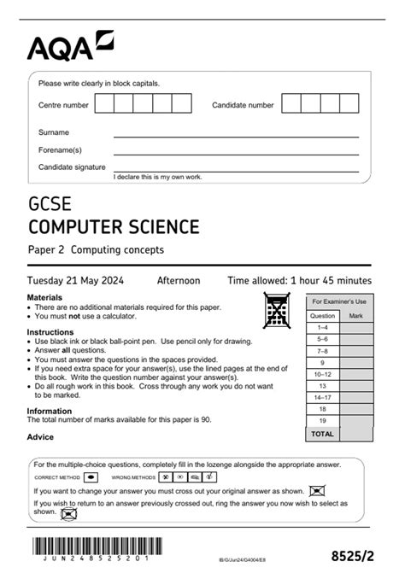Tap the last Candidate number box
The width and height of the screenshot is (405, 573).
pyautogui.click(x=353, y=104)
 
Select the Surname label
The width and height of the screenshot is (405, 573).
pyautogui.click(x=54, y=132)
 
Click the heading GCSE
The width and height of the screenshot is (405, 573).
pyautogui.click(x=50, y=206)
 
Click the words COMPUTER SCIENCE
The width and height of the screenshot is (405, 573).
pyautogui.click(x=114, y=227)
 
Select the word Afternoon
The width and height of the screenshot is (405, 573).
pyautogui.click(x=178, y=280)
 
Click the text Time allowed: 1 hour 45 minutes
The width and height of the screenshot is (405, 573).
pyautogui.click(x=299, y=280)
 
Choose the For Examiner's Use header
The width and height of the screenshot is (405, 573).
pyautogui.click(x=338, y=301)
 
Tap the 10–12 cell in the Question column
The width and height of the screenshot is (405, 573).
pyautogui.click(x=322, y=374)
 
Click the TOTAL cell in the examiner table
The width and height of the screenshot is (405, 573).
pyautogui.click(x=322, y=434)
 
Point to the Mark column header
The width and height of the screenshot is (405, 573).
pyautogui.click(x=355, y=315)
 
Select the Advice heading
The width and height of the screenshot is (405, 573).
pyautogui.click(x=40, y=437)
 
